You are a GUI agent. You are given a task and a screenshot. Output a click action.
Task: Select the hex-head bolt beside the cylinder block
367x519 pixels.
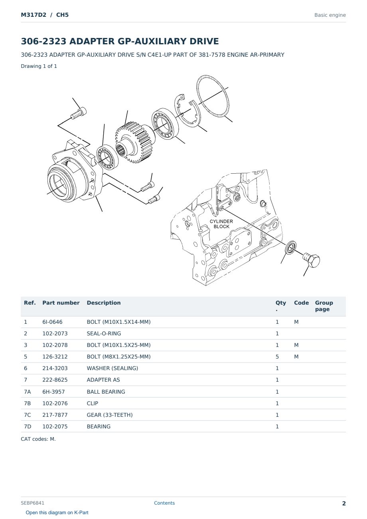pyautogui.click(x=312, y=260)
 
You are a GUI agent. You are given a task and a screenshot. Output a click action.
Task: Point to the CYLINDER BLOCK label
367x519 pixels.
pyautogui.click(x=221, y=224)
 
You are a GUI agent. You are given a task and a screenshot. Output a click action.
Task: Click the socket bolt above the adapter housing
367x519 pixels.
pyautogui.click(x=79, y=113)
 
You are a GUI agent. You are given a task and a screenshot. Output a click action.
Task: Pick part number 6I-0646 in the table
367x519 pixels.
pyautogui.click(x=52, y=322)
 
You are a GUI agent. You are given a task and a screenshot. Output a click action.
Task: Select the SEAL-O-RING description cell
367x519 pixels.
pyautogui.click(x=104, y=333)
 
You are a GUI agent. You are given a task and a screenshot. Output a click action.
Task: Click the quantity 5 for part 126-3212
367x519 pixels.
pyautogui.click(x=277, y=357)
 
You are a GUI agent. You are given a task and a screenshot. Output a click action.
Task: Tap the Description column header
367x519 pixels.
pyautogui.click(x=104, y=303)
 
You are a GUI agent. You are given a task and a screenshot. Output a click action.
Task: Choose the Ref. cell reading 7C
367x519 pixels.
pyautogui.click(x=27, y=415)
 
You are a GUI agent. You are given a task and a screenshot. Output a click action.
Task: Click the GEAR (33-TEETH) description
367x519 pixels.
pyautogui.click(x=110, y=415)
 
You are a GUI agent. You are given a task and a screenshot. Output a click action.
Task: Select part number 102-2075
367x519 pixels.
pyautogui.click(x=55, y=426)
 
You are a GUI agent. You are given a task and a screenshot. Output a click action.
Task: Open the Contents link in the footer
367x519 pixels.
pyautogui.click(x=164, y=503)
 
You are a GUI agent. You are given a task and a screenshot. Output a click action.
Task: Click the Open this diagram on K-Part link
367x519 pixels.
pyautogui.click(x=57, y=513)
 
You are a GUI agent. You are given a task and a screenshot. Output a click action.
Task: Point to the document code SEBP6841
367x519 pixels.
pyautogui.click(x=32, y=503)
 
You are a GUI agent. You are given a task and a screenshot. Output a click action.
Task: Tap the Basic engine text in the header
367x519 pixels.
pyautogui.click(x=330, y=15)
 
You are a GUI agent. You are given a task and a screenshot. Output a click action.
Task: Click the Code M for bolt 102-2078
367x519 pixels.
pyautogui.click(x=296, y=345)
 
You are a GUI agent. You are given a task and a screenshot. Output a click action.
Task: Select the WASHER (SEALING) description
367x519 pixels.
pyautogui.click(x=112, y=368)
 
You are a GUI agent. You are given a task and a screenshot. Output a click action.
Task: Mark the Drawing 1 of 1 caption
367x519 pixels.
pyautogui.click(x=39, y=66)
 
